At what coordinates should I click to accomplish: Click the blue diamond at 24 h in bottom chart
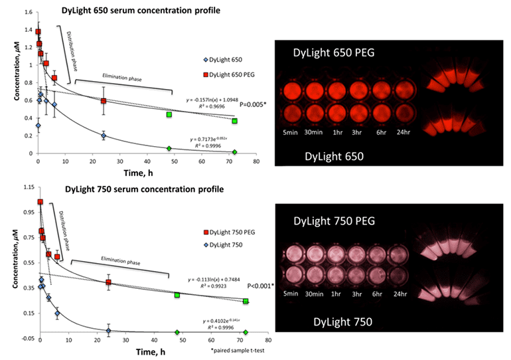point(108,330)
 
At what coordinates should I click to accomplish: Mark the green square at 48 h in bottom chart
point(177,294)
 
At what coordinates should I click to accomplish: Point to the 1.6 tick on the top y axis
point(25,12)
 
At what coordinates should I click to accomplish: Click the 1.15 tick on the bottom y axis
point(24,188)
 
